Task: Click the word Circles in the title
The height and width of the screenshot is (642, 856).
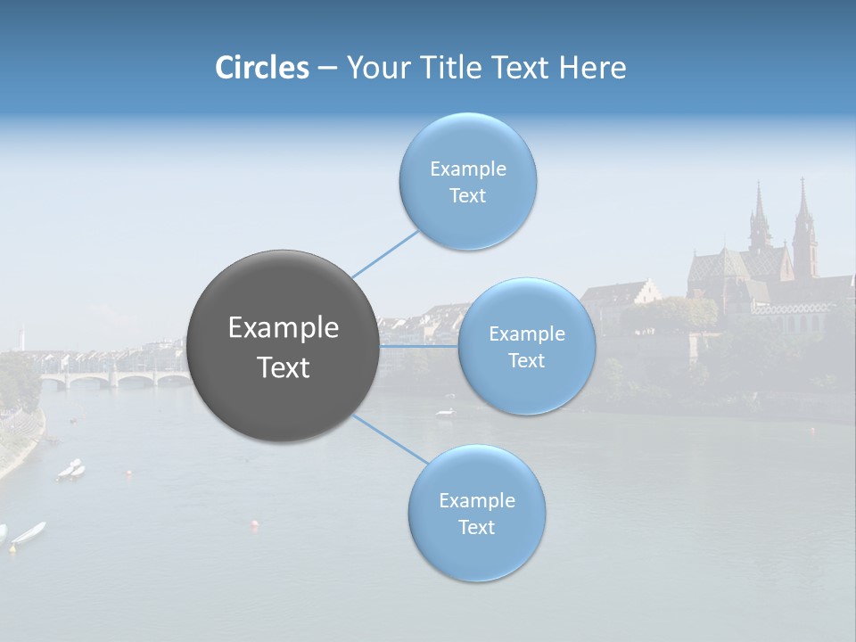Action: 262,68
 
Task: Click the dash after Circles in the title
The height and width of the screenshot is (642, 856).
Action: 327,69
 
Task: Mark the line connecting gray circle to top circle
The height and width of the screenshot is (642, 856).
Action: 385,254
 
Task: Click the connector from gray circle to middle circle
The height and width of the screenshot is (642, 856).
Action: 419,346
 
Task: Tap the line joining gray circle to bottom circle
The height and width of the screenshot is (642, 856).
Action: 390,439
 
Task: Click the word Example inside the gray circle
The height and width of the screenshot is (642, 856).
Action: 284,328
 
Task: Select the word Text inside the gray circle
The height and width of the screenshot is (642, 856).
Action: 284,367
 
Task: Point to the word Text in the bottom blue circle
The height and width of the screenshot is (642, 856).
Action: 476,527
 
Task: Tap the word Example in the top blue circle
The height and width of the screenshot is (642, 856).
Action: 467,169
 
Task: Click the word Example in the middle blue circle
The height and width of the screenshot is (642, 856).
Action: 526,334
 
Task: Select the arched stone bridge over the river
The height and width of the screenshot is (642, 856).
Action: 116,379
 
